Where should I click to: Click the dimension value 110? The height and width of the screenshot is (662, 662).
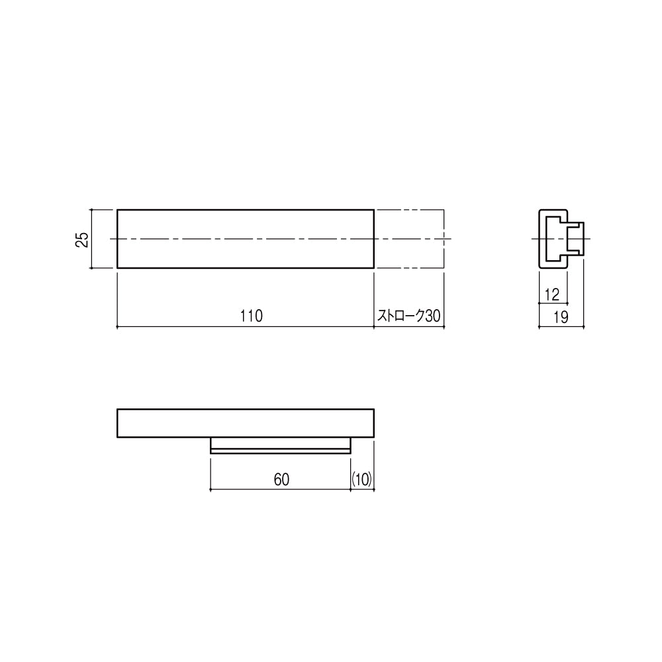coord(251,316)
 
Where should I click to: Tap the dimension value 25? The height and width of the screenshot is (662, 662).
coord(83,239)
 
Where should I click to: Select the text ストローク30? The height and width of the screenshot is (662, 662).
coord(408,316)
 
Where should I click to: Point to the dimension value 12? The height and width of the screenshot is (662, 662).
coord(552,295)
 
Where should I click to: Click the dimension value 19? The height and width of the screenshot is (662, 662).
coord(561,316)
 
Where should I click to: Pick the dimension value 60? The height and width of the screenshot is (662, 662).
coord(281,479)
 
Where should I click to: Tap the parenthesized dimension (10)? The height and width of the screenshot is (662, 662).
coord(362,479)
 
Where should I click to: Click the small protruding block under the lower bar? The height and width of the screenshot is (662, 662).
coord(280,446)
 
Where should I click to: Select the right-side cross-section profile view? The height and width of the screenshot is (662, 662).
coord(561,239)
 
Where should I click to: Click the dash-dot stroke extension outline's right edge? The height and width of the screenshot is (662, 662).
coord(444,239)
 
